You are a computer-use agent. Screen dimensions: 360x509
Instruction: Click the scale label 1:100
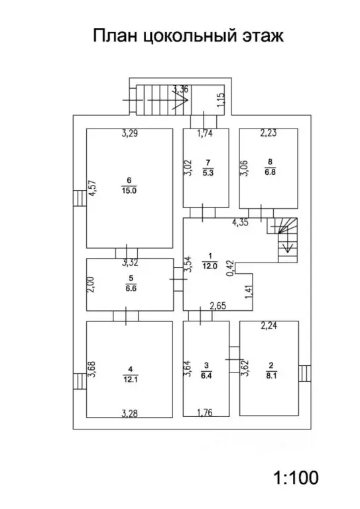[296, 477]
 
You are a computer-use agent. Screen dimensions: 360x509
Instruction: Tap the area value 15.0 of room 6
[129, 191]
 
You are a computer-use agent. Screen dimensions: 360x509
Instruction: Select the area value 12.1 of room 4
[130, 379]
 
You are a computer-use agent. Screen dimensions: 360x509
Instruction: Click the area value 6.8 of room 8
[270, 172]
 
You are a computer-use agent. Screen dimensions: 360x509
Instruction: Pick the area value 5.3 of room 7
[208, 173]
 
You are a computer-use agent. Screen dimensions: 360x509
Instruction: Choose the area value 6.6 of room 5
[131, 288]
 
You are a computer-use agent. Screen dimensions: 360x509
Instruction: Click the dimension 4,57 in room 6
[93, 188]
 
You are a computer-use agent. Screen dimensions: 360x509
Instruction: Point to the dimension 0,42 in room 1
[230, 268]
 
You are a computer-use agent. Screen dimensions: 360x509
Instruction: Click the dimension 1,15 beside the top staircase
[220, 100]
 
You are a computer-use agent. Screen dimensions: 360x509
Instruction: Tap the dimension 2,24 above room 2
[269, 325]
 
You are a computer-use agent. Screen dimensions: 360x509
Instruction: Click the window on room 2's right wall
[304, 373]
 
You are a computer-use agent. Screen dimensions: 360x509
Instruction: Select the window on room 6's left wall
[80, 198]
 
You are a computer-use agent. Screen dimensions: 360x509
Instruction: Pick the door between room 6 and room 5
[127, 253]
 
